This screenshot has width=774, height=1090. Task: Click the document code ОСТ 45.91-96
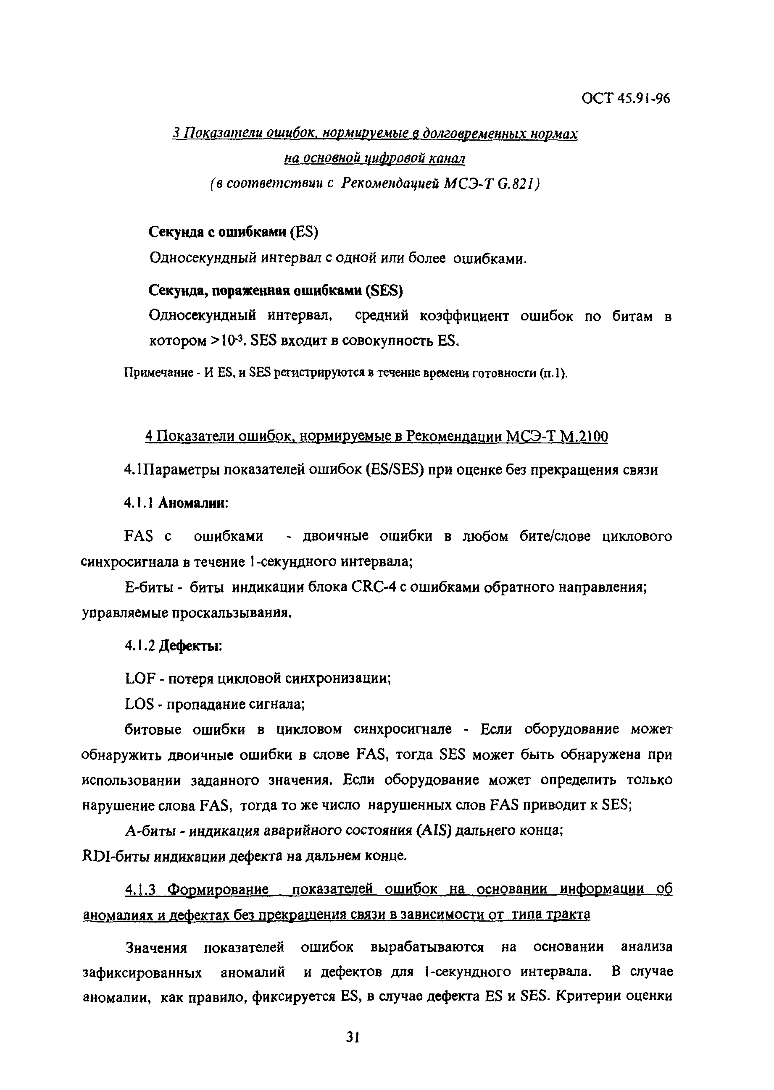click(625, 98)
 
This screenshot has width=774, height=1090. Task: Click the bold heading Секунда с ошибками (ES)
click(233, 232)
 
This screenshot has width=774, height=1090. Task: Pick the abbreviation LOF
click(140, 678)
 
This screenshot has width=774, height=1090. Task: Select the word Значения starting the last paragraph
click(156, 947)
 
